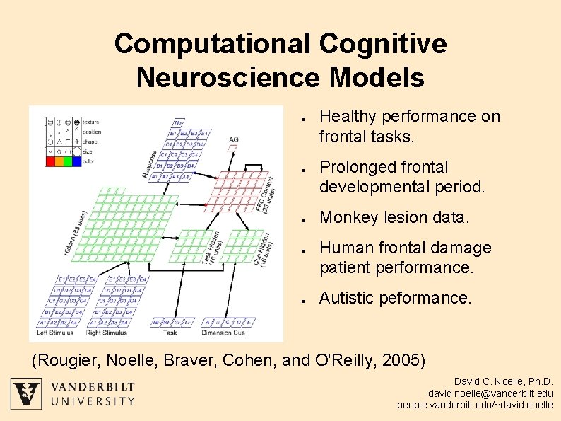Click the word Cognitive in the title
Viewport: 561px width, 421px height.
tap(382, 44)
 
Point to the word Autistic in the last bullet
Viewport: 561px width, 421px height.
tap(348, 299)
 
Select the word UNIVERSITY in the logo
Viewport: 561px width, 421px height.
tap(92, 401)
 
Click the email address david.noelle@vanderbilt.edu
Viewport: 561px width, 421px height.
tap(490, 393)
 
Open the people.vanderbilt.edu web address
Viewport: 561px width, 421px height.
tap(475, 405)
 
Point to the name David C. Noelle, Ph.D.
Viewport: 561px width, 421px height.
tap(503, 381)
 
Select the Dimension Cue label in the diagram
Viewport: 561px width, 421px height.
tap(223, 332)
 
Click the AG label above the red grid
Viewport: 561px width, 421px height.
tap(234, 139)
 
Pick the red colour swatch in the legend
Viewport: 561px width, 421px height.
tap(51, 161)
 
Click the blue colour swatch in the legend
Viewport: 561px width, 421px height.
tap(76, 161)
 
